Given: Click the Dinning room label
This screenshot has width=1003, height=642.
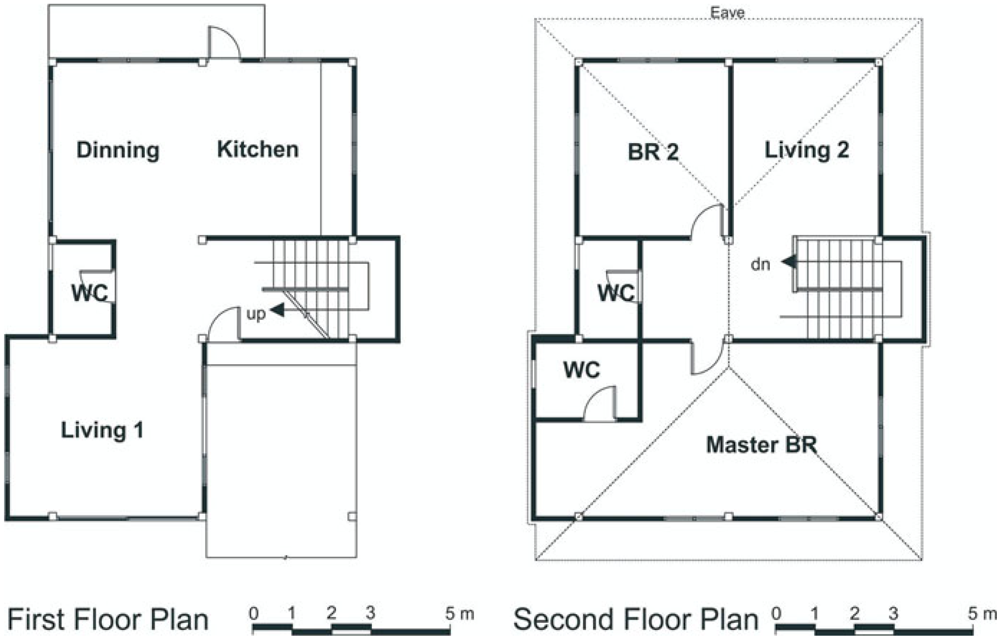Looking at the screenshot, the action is tap(118, 150).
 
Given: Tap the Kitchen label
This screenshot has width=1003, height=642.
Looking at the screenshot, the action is tap(258, 149).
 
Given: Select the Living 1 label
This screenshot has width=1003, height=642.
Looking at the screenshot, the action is tap(102, 430).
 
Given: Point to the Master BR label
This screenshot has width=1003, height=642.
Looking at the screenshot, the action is tap(762, 445).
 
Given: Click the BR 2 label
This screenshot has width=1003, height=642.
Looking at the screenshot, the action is tap(653, 152).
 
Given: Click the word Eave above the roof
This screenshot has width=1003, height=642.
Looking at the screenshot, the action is tap(727, 12).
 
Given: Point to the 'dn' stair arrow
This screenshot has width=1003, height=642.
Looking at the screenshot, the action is tap(789, 262).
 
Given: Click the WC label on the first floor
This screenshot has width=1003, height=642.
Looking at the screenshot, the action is tap(90, 293).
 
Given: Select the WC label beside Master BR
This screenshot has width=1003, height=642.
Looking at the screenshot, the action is tap(582, 370).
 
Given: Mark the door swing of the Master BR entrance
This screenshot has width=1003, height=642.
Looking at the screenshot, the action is tap(709, 366).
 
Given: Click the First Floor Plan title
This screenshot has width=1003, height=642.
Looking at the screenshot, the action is tap(108, 620).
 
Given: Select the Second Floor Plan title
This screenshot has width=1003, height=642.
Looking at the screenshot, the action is tap(636, 620).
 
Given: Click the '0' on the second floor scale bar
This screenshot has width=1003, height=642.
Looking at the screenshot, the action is tap(776, 613).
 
